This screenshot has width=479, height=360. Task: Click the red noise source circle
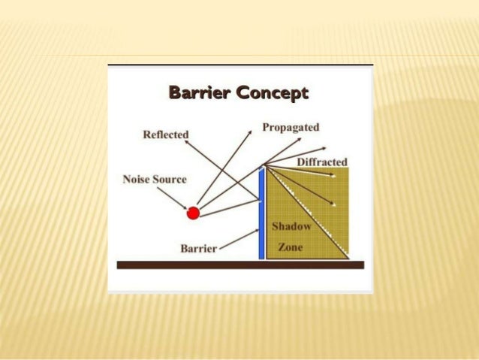tap(193, 213)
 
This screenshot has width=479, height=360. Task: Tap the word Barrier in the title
tap(200, 94)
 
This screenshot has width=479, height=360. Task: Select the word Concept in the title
tap(271, 94)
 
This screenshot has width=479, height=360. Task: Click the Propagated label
tap(291, 127)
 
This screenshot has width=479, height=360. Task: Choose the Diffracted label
tap(322, 162)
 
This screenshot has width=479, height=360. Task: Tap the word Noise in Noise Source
tap(137, 180)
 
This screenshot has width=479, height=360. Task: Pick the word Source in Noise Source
tap(170, 180)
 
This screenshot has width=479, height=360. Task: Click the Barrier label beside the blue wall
tap(199, 247)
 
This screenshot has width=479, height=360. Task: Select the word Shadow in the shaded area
tap(291, 226)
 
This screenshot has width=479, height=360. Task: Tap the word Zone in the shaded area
tap(291, 247)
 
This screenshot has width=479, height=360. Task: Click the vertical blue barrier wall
tap(261, 214)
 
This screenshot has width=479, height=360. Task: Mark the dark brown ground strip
tap(240, 265)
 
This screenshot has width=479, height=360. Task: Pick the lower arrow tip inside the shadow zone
tap(333, 203)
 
